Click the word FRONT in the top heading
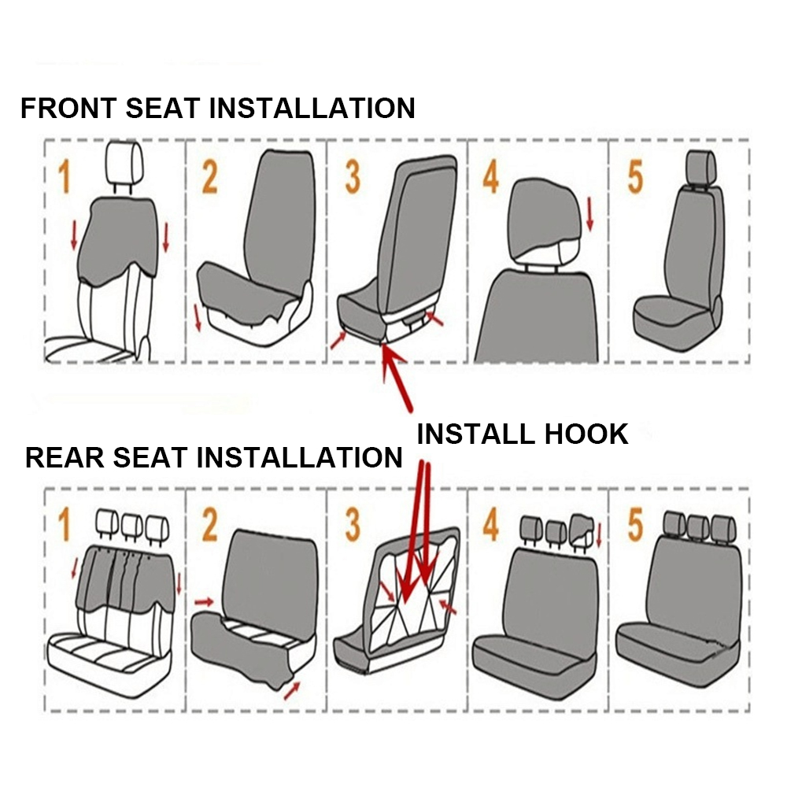click(x=68, y=108)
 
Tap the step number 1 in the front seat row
click(x=64, y=176)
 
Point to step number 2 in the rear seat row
click(x=210, y=524)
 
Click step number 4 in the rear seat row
click(x=491, y=524)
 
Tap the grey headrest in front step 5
click(x=700, y=167)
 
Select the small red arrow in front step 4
click(x=589, y=214)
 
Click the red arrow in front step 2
click(x=198, y=317)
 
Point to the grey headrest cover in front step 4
click(x=544, y=217)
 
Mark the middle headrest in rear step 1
click(x=132, y=525)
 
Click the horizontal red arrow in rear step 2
click(x=205, y=601)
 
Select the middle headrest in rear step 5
click(x=698, y=526)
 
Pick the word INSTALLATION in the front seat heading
click(x=312, y=108)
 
